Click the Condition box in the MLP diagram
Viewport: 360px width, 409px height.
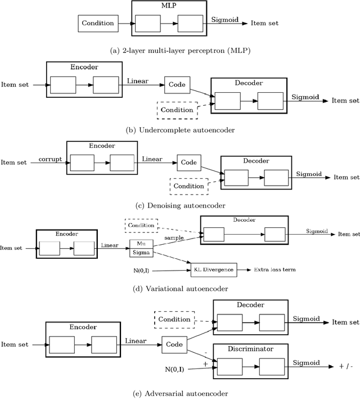98,24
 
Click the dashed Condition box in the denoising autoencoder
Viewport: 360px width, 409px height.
189,186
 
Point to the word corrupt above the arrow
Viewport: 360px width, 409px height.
50,159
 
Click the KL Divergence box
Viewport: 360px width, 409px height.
214,270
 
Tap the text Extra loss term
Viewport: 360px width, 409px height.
274,270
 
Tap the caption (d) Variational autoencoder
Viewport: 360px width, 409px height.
180,289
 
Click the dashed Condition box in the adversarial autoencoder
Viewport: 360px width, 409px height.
174,319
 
